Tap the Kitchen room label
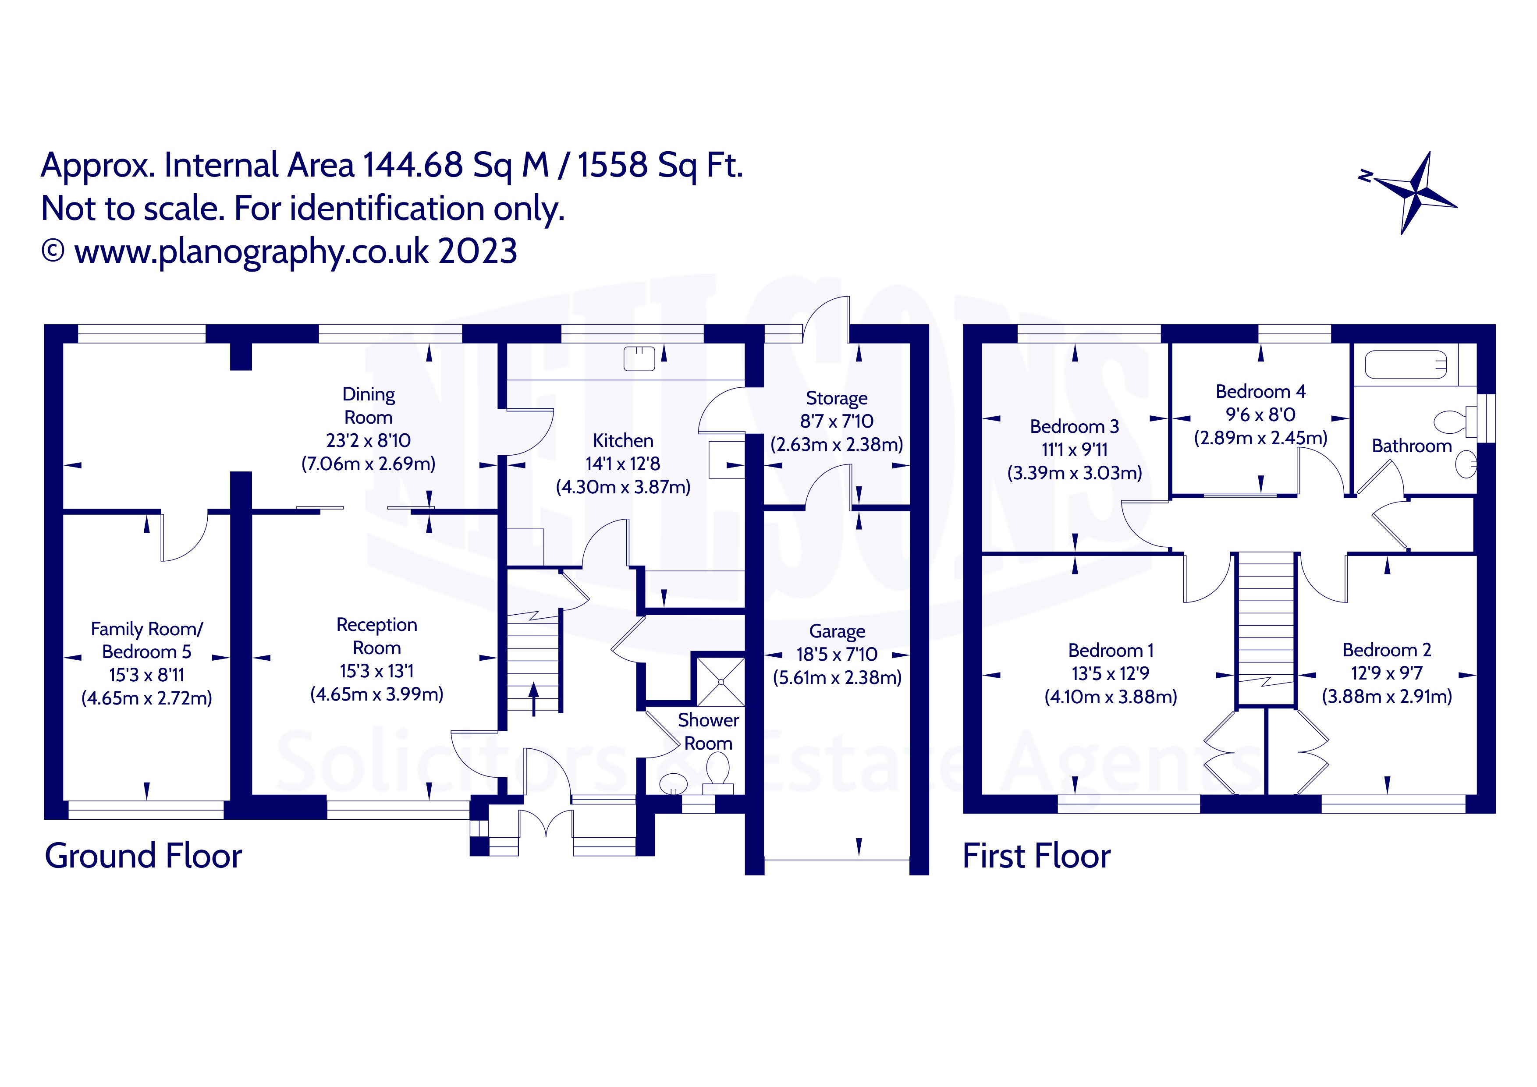click(623, 440)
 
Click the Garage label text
click(837, 631)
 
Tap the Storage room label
click(836, 398)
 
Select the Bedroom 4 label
click(1260, 392)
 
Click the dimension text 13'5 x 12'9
click(1110, 673)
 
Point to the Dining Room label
click(368, 406)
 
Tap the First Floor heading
click(1036, 856)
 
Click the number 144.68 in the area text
click(412, 165)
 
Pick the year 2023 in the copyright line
click(477, 251)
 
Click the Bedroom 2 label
click(1386, 650)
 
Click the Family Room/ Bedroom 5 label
click(147, 641)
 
